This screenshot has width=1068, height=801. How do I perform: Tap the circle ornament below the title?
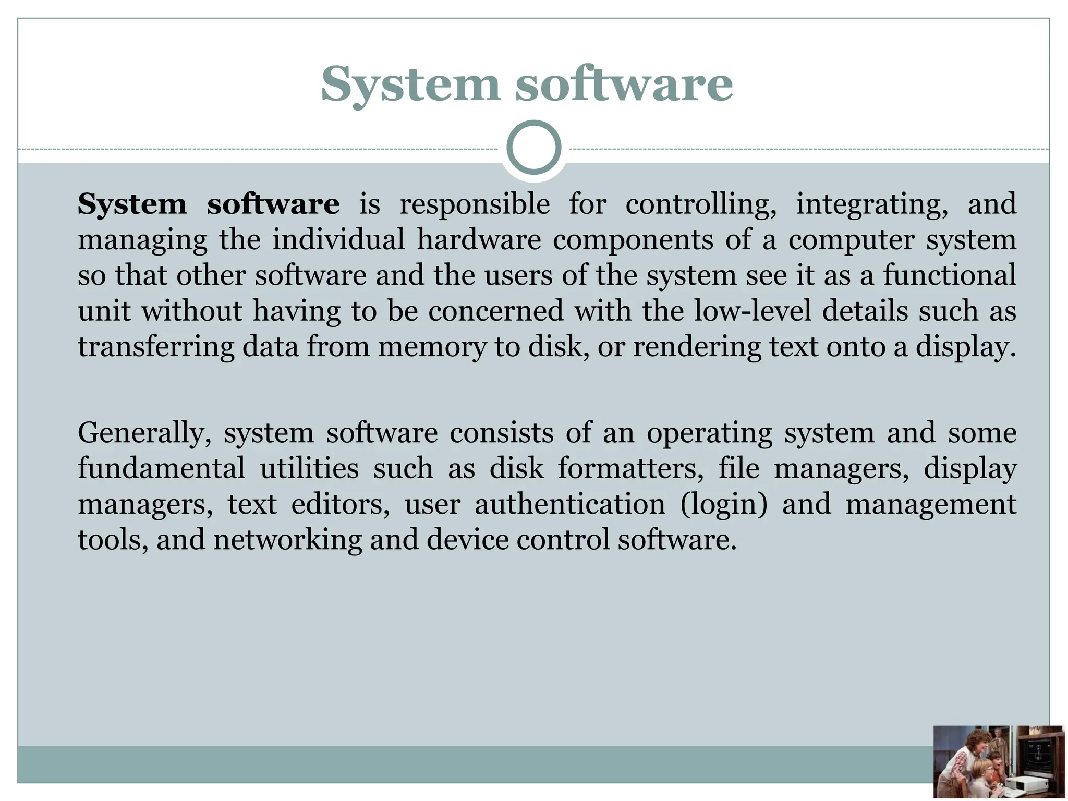[x=534, y=148]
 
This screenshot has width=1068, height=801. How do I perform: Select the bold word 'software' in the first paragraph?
[x=273, y=204]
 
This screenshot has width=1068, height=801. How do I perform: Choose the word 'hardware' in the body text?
[x=479, y=240]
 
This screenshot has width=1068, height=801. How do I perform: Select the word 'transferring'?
[x=156, y=347]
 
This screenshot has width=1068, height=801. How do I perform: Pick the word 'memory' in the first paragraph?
[x=432, y=347]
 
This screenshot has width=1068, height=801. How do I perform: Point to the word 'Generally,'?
[x=144, y=433]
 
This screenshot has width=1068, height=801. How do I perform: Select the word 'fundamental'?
[x=161, y=468]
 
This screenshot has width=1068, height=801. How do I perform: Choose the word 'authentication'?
[x=569, y=504]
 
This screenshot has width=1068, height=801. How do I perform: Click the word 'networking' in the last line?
[x=287, y=540]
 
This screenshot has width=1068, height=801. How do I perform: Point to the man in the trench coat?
[x=998, y=743]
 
